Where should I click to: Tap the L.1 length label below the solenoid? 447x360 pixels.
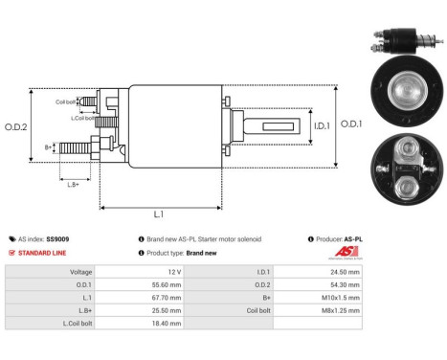tap(158, 214)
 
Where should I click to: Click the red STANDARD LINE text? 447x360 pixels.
tap(40, 253)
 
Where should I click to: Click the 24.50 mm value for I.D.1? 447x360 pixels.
tap(343, 271)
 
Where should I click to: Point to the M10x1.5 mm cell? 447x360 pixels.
tap(339, 299)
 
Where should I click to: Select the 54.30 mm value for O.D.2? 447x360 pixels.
tap(343, 284)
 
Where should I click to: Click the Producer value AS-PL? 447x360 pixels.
tap(353, 238)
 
